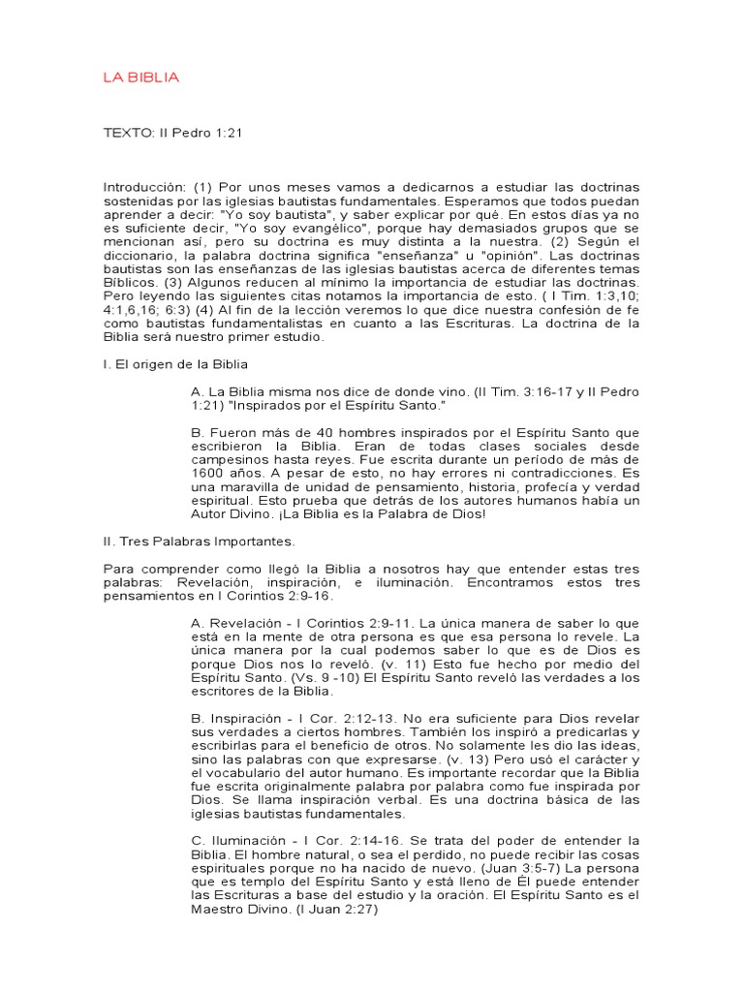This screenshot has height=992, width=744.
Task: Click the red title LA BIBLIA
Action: click(x=140, y=77)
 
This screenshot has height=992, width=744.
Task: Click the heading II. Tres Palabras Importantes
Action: click(x=198, y=541)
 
